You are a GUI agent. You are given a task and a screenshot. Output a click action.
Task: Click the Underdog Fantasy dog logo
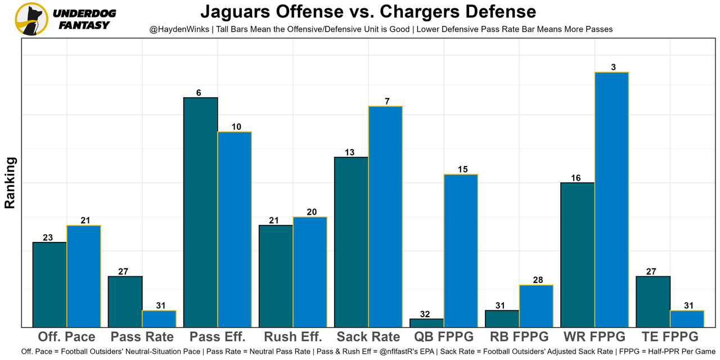pos(31,19)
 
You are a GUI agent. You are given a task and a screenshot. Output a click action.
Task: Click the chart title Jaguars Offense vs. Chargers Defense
pos(368,11)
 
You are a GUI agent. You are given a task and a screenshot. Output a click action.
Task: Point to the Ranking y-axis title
pos(10,183)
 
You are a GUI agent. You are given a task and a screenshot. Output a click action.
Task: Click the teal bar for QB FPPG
pos(427,323)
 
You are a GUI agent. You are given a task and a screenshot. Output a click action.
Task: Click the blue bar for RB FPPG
pos(536,306)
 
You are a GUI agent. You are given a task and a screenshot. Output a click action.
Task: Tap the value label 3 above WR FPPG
pos(613,67)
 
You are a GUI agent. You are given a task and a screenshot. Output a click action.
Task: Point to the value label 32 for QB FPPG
pos(425,314)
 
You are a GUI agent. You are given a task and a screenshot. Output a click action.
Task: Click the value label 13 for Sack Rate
pos(349,152)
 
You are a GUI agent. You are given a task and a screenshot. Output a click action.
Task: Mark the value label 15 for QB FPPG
pos(463,170)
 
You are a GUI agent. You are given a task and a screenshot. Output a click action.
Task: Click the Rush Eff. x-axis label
pos(293,337)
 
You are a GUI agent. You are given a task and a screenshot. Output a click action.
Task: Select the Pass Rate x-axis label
pos(142,337)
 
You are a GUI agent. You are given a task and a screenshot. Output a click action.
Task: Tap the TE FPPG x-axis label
pos(670,337)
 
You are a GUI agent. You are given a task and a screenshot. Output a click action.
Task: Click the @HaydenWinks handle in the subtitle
pos(180,29)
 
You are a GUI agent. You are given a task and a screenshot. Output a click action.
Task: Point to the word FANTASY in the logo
pos(84,25)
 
